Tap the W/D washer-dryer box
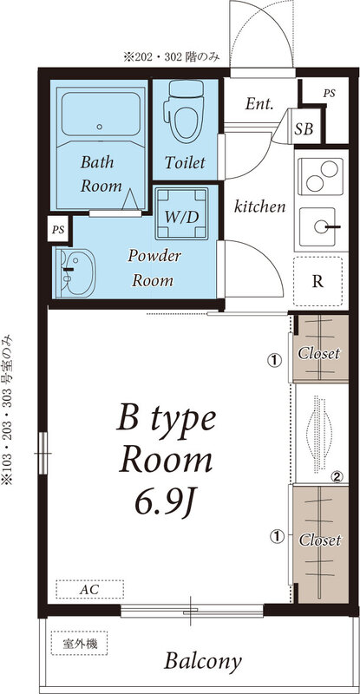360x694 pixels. (x=181, y=213)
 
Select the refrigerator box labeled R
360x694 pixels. (x=317, y=281)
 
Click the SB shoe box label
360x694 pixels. (x=304, y=128)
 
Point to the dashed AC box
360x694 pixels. (x=89, y=590)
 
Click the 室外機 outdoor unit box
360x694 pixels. (x=79, y=643)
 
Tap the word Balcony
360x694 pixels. (x=203, y=662)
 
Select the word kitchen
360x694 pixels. (x=260, y=206)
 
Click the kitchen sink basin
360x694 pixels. (x=317, y=226)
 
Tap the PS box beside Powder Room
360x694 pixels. (x=57, y=230)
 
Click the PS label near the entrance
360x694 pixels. (x=329, y=94)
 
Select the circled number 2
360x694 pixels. (x=337, y=476)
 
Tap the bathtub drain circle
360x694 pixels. (x=100, y=127)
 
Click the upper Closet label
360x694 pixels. (x=319, y=353)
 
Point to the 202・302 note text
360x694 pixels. (x=172, y=57)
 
